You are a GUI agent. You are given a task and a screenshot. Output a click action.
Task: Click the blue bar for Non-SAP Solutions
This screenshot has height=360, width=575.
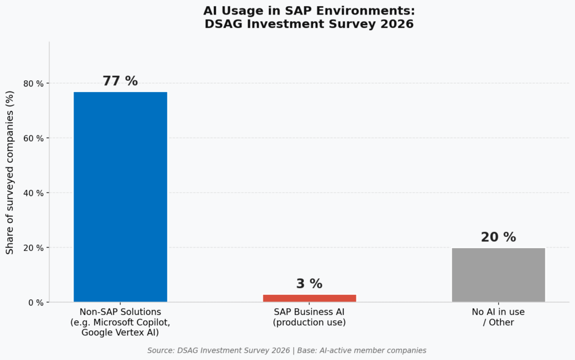tap(120, 197)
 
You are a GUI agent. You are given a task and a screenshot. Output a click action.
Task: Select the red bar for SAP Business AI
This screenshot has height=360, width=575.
tap(309, 298)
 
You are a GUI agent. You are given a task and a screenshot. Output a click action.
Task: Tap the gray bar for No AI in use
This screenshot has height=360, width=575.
tap(498, 275)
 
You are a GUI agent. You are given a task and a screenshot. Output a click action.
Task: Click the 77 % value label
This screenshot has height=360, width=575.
tap(120, 81)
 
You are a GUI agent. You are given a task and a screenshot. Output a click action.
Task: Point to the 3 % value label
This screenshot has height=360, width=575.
tap(309, 284)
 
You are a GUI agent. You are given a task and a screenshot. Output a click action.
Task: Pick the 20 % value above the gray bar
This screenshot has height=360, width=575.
tap(498, 238)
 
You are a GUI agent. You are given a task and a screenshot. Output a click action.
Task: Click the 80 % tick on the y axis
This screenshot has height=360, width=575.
tap(33, 84)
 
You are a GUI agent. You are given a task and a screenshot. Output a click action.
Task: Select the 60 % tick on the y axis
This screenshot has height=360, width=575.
tap(33, 138)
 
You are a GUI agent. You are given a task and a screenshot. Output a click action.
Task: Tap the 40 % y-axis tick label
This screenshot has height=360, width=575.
tap(33, 193)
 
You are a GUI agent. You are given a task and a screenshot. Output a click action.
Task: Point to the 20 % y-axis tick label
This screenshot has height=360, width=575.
tap(33, 248)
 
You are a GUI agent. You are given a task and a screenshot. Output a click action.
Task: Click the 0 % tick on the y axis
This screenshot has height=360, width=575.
tap(35, 303)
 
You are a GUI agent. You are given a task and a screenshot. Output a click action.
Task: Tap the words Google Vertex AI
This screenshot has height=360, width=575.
tap(120, 332)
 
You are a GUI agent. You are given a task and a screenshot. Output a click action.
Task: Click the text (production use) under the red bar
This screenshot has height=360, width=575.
tap(309, 322)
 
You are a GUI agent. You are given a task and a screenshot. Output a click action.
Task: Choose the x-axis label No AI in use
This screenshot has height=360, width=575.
tap(498, 312)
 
